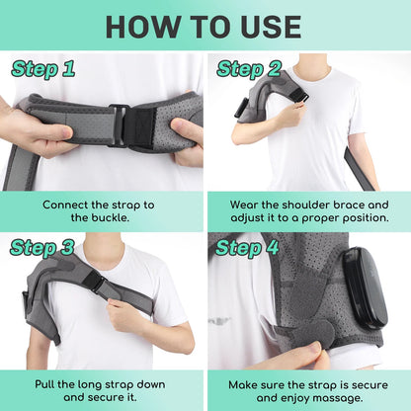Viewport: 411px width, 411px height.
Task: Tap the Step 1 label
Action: click(x=43, y=69)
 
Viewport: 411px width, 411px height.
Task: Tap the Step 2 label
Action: click(x=249, y=69)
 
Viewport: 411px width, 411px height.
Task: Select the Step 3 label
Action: click(x=43, y=247)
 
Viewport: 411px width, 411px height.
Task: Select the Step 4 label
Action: click(x=249, y=247)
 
